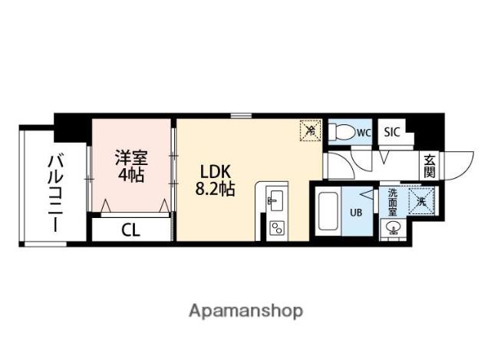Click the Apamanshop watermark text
(x=245, y=311)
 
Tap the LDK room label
(x=216, y=172)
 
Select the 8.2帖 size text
(x=216, y=190)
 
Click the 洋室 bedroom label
(x=131, y=158)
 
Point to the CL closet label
(x=130, y=231)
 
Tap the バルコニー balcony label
(x=55, y=193)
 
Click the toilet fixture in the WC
(x=342, y=132)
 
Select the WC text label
(x=364, y=133)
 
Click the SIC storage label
(x=392, y=132)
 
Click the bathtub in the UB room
(x=328, y=211)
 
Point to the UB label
(x=356, y=213)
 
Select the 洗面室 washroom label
(x=392, y=202)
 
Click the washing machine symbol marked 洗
(x=421, y=201)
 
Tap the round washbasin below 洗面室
(x=392, y=228)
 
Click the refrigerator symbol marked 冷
(x=310, y=130)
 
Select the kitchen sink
(x=275, y=201)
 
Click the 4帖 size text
(x=131, y=175)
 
